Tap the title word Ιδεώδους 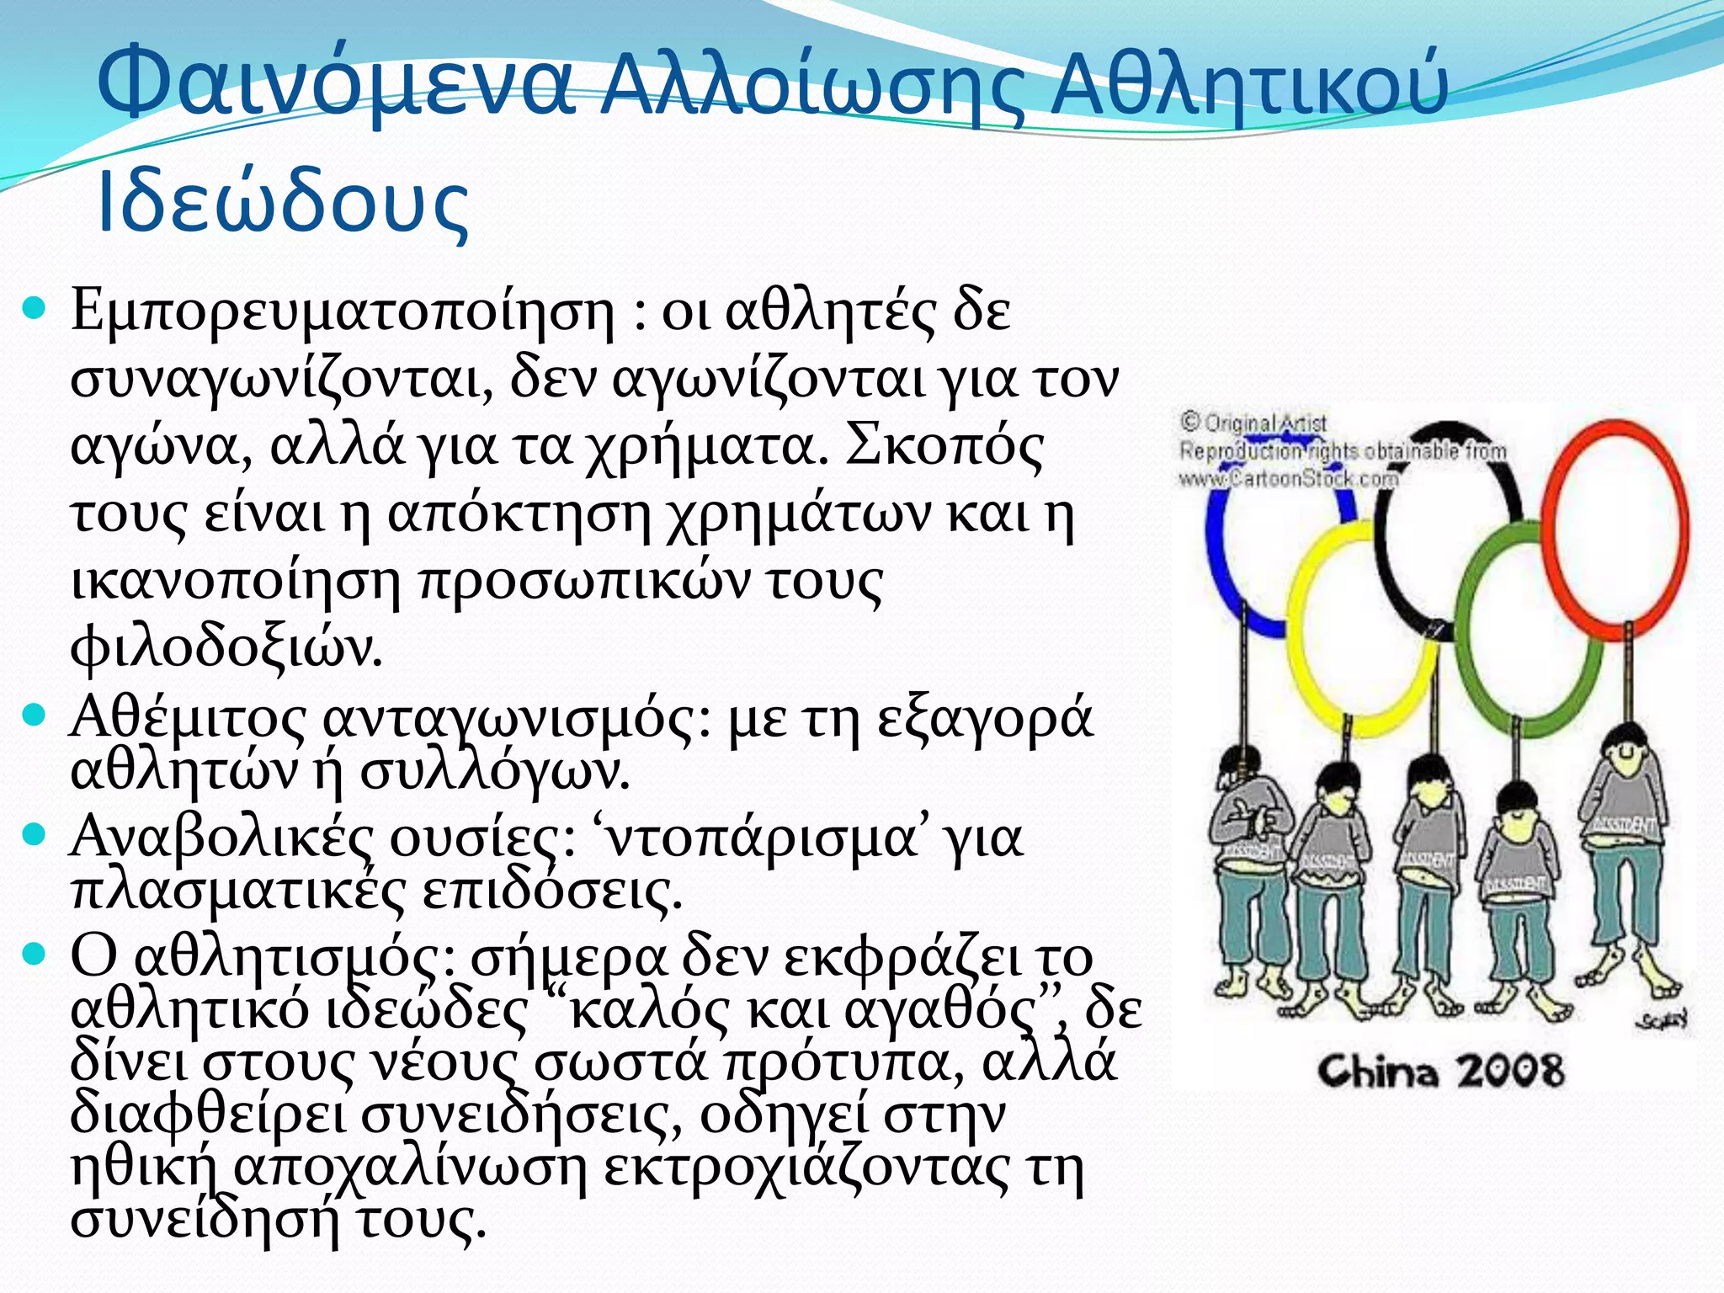pos(283,205)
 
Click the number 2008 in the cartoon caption pos(1510,1072)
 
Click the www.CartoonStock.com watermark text pos(1288,479)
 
